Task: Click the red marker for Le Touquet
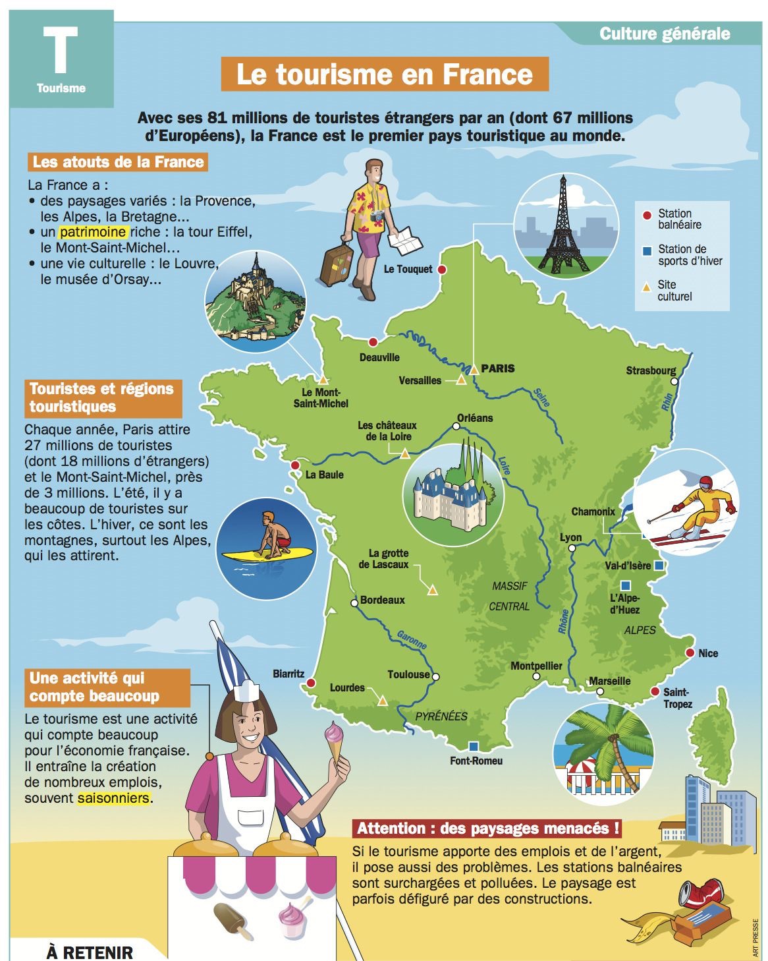pyautogui.click(x=443, y=270)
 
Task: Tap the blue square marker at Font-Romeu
pyautogui.click(x=473, y=746)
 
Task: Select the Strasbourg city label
pyautogui.click(x=651, y=370)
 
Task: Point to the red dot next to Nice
pyautogui.click(x=690, y=653)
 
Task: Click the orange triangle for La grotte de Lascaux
pyautogui.click(x=433, y=591)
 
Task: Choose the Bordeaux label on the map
pyautogui.click(x=382, y=600)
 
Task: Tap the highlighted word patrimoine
pyautogui.click(x=93, y=232)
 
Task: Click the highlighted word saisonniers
pyautogui.click(x=113, y=798)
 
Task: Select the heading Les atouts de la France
pyautogui.click(x=118, y=162)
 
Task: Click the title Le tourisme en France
pyautogui.click(x=384, y=74)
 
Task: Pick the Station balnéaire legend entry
pyautogui.click(x=679, y=219)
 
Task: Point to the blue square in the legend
pyautogui.click(x=647, y=250)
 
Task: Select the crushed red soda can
pyautogui.click(x=699, y=894)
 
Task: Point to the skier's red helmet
pyautogui.click(x=705, y=483)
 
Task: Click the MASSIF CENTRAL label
pyautogui.click(x=509, y=596)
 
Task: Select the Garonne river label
pyautogui.click(x=412, y=639)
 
